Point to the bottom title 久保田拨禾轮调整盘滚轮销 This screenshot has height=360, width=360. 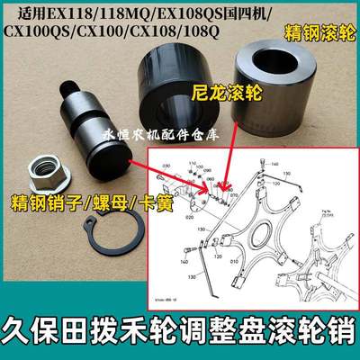coord(180,329)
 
